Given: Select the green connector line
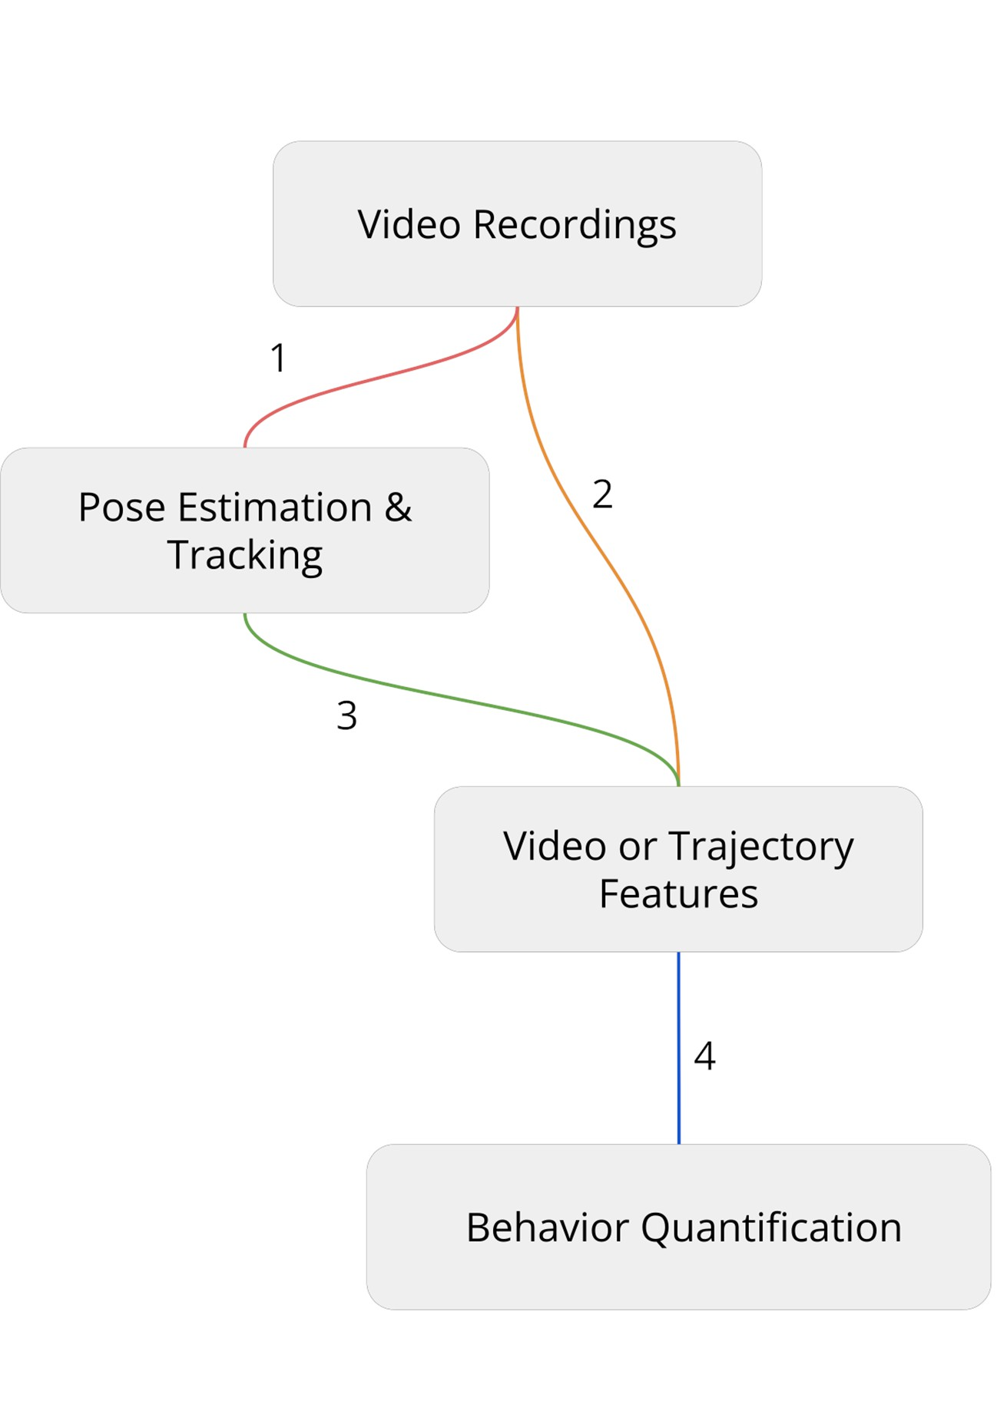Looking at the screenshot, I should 461,699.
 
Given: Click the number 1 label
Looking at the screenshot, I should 278,358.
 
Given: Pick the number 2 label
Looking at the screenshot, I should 602,494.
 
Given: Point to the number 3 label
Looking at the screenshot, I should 346,715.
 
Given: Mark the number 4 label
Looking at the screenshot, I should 704,1056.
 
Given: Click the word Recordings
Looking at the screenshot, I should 575,225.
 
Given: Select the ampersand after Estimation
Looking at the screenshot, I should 398,507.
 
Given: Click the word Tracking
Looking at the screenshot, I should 245,555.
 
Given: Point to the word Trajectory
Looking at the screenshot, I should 760,847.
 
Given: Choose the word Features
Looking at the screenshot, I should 678,894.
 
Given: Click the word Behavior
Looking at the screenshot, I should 548,1227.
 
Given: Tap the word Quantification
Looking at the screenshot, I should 771,1227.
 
